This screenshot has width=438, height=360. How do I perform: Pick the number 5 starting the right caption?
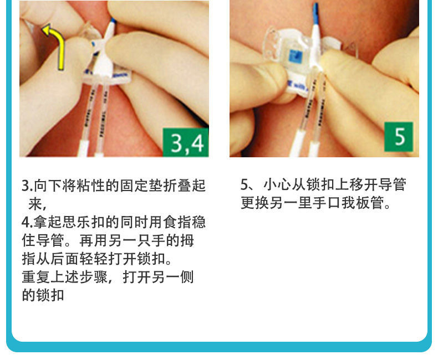[x=245, y=184]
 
